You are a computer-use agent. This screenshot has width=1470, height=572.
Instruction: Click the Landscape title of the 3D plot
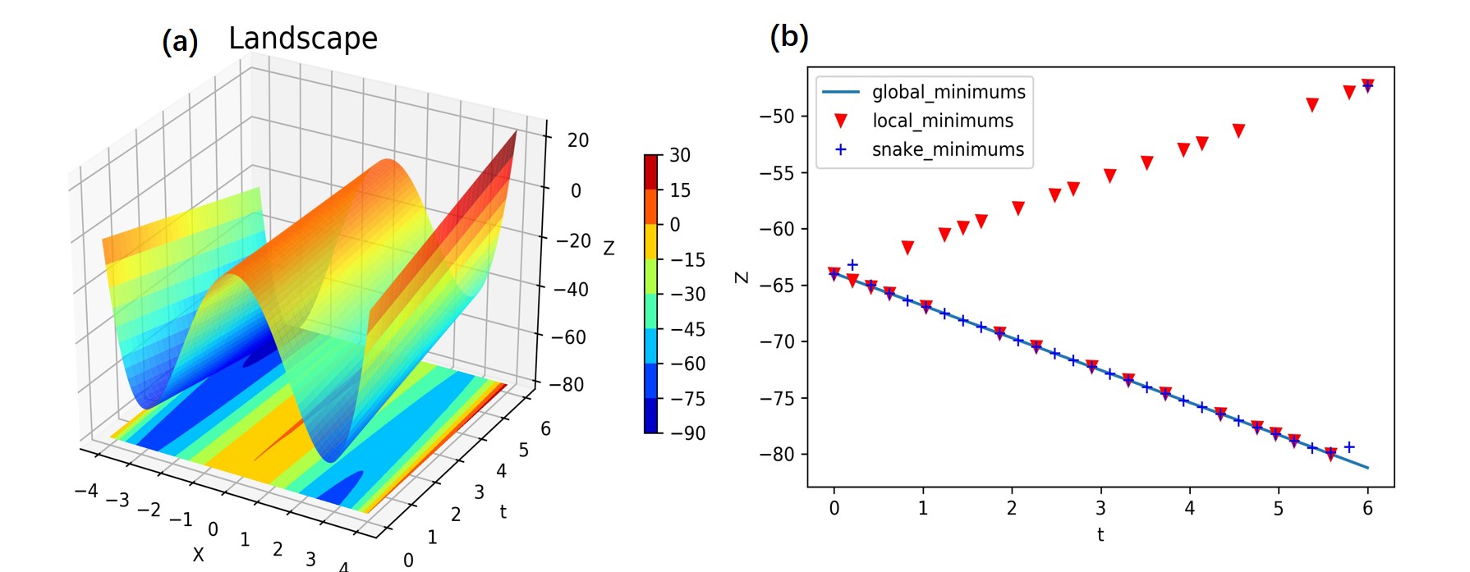point(302,39)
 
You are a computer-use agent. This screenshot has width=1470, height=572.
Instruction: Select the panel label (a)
point(180,42)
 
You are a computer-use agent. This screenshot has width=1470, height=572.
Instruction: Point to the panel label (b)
point(788,37)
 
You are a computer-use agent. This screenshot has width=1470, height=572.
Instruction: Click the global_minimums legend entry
point(948,92)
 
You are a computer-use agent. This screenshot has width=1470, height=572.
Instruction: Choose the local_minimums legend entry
point(942,121)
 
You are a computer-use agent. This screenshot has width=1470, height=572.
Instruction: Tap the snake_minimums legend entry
point(948,149)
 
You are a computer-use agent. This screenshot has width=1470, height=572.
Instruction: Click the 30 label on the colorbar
point(680,155)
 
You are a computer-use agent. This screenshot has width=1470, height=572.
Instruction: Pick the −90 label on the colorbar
point(687,433)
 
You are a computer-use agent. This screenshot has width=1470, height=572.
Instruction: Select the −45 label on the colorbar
point(687,329)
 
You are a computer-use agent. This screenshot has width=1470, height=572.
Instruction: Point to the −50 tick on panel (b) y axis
point(777,116)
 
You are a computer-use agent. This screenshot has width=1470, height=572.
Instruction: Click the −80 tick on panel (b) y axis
point(777,455)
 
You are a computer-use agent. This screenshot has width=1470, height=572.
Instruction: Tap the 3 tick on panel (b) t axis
point(1100,509)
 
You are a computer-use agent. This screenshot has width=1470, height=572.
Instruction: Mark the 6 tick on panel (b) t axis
point(1367,509)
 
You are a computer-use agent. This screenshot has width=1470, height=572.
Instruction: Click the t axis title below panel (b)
point(1100,535)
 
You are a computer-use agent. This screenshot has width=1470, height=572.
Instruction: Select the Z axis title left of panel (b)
point(742,277)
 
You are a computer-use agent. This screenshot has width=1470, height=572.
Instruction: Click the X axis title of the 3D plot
point(198,555)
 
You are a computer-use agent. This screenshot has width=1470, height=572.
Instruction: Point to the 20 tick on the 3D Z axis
point(578,140)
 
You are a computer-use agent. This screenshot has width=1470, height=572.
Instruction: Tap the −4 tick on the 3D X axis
point(86,491)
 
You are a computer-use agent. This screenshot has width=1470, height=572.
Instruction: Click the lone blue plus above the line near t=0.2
point(852,265)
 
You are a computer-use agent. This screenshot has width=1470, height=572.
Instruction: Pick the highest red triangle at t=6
point(1367,85)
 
